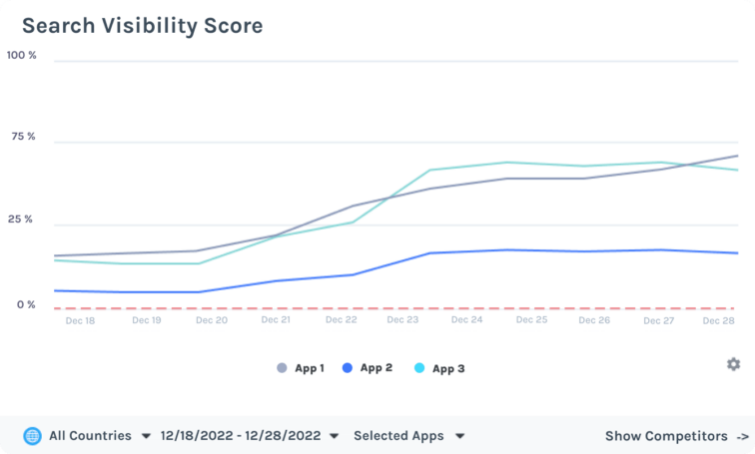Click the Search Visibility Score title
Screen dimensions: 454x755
click(x=142, y=26)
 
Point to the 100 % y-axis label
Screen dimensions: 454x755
click(x=22, y=55)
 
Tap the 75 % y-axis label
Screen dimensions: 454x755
click(x=22, y=136)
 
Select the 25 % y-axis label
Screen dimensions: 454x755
click(x=22, y=219)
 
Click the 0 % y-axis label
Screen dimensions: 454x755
click(x=25, y=304)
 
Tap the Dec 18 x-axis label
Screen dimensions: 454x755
click(x=80, y=320)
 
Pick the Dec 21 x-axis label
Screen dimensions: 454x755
click(x=276, y=320)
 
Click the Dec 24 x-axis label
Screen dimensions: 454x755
click(x=467, y=320)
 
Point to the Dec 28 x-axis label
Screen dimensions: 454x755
click(x=719, y=320)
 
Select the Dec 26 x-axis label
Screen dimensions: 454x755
click(x=594, y=320)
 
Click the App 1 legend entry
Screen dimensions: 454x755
click(x=301, y=368)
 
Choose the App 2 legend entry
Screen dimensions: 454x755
click(x=368, y=368)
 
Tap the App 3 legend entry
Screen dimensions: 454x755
click(x=439, y=368)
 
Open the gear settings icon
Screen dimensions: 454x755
click(x=734, y=364)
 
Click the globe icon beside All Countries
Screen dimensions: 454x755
click(x=33, y=436)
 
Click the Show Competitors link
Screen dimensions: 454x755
click(x=676, y=436)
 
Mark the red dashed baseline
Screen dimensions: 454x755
click(x=399, y=308)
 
